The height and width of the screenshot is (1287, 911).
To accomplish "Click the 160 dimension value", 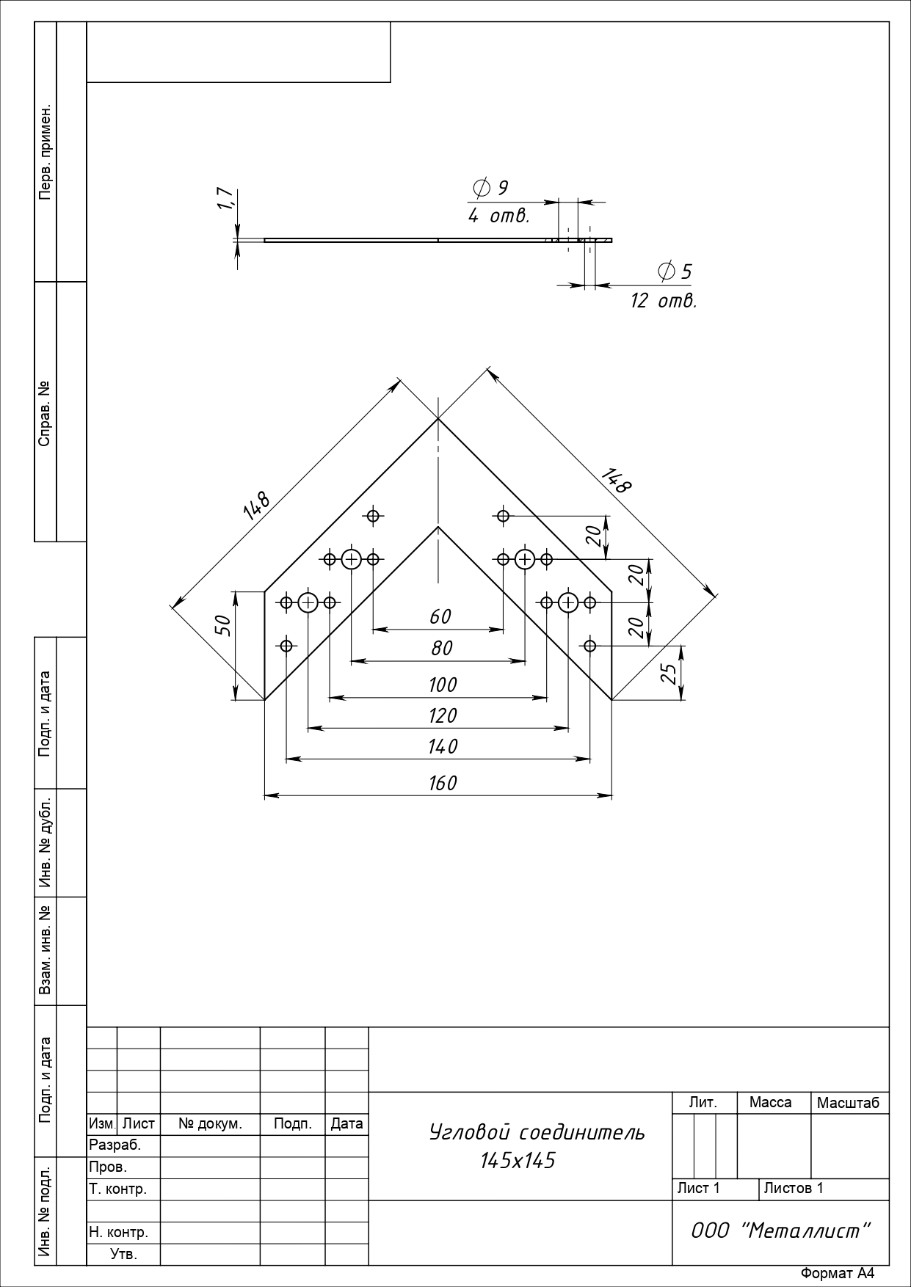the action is tap(443, 783).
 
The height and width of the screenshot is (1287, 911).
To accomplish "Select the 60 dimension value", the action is tap(440, 617).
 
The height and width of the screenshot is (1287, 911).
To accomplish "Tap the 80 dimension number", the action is tap(442, 649).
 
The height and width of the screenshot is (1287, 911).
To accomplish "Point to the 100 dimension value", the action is tap(443, 685).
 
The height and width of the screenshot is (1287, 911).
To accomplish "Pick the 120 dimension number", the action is tap(443, 715).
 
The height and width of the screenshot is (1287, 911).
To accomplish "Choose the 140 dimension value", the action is tap(443, 747).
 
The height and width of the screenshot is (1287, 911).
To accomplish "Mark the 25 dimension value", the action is tap(668, 674).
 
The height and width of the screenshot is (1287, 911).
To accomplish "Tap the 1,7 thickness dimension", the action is tap(225, 198).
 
